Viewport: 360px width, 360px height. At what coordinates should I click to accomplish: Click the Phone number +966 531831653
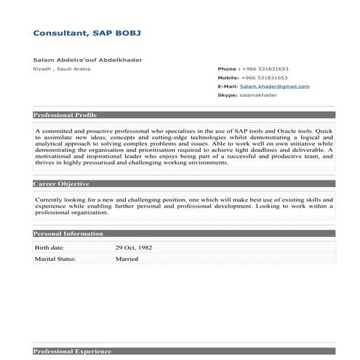tap(265, 68)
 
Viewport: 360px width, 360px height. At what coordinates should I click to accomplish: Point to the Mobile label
tap(228, 77)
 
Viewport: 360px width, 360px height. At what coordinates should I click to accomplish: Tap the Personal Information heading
tap(65, 233)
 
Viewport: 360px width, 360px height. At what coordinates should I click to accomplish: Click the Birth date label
tap(50, 247)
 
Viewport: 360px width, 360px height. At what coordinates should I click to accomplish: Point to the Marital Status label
tap(55, 257)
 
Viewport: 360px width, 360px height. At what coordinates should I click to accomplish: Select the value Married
tap(127, 257)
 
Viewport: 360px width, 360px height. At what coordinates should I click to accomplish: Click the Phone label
tap(228, 68)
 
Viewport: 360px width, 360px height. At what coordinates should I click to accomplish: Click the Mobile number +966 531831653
tap(265, 77)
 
